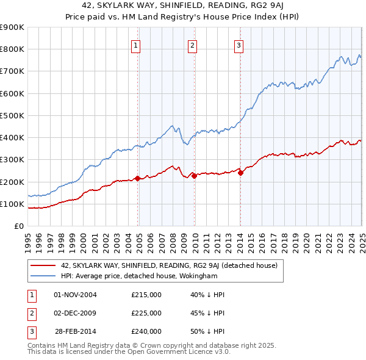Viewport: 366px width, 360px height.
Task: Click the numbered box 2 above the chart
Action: [192, 45]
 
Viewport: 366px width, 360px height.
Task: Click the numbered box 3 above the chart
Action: [239, 45]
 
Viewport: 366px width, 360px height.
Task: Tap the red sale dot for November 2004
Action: [138, 178]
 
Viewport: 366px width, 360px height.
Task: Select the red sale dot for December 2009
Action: [195, 176]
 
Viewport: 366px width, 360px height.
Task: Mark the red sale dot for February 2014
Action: [241, 173]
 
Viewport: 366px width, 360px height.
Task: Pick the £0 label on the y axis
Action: [18, 226]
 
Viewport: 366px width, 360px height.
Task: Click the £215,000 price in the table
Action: [146, 295]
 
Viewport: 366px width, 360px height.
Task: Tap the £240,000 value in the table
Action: [146, 331]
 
